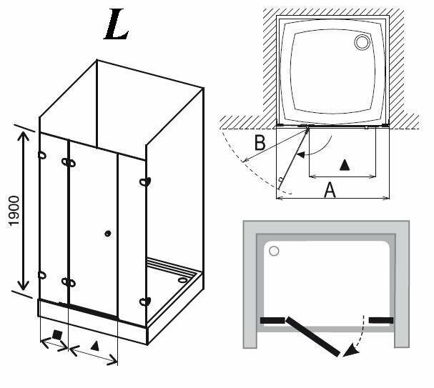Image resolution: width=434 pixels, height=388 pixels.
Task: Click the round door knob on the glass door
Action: [x=107, y=233]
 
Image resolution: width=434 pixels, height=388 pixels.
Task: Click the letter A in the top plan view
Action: [x=330, y=189]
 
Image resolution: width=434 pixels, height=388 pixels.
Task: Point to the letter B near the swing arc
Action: [x=261, y=142]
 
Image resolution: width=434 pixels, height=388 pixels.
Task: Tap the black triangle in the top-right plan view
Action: [x=345, y=165]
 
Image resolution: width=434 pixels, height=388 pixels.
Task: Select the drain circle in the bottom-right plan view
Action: [x=274, y=251]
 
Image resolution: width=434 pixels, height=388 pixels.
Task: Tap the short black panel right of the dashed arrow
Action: [x=381, y=319]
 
